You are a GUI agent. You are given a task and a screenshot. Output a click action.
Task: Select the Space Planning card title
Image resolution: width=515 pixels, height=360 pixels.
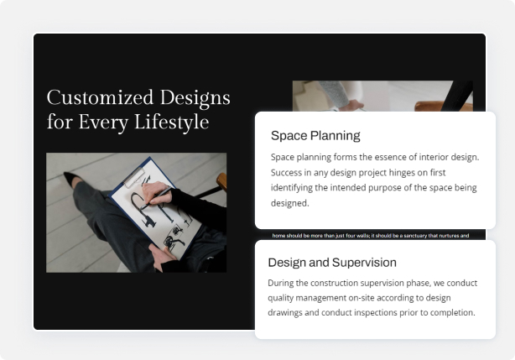[x=315, y=135]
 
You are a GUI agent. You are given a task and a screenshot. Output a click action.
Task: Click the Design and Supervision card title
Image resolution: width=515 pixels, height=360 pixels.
[x=332, y=263]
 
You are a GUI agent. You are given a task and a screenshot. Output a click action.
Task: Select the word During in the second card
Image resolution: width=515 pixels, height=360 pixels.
[x=284, y=283]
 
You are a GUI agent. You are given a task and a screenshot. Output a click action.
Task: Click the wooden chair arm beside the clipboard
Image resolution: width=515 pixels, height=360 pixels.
[x=221, y=180]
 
